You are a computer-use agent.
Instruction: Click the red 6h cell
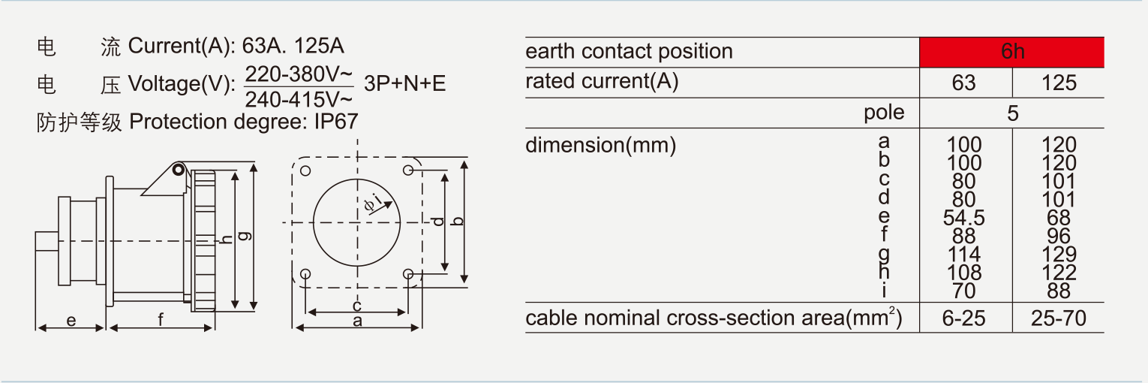[x=1011, y=52]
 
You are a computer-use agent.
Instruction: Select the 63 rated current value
[x=964, y=83]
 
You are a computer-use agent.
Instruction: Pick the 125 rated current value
[x=1059, y=83]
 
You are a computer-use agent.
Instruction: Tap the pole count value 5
[x=1012, y=113]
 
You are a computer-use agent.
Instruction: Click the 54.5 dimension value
[x=964, y=218]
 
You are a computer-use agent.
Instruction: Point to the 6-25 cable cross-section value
[x=964, y=318]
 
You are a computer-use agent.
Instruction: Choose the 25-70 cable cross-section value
[x=1059, y=318]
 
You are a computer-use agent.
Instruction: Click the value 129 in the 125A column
[x=1059, y=255]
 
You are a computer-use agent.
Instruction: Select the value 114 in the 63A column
[x=964, y=255]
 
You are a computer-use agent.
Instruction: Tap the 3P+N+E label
[x=404, y=83]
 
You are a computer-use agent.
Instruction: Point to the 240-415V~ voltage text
[x=299, y=98]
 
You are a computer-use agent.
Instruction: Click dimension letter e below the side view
[x=71, y=321]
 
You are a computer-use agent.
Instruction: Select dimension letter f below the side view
[x=161, y=321]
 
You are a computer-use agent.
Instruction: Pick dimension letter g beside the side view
[x=245, y=236]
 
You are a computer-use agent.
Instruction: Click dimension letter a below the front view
[x=357, y=321]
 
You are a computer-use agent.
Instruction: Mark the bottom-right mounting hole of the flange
[x=407, y=274]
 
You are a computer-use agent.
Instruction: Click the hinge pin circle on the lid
[x=178, y=170]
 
